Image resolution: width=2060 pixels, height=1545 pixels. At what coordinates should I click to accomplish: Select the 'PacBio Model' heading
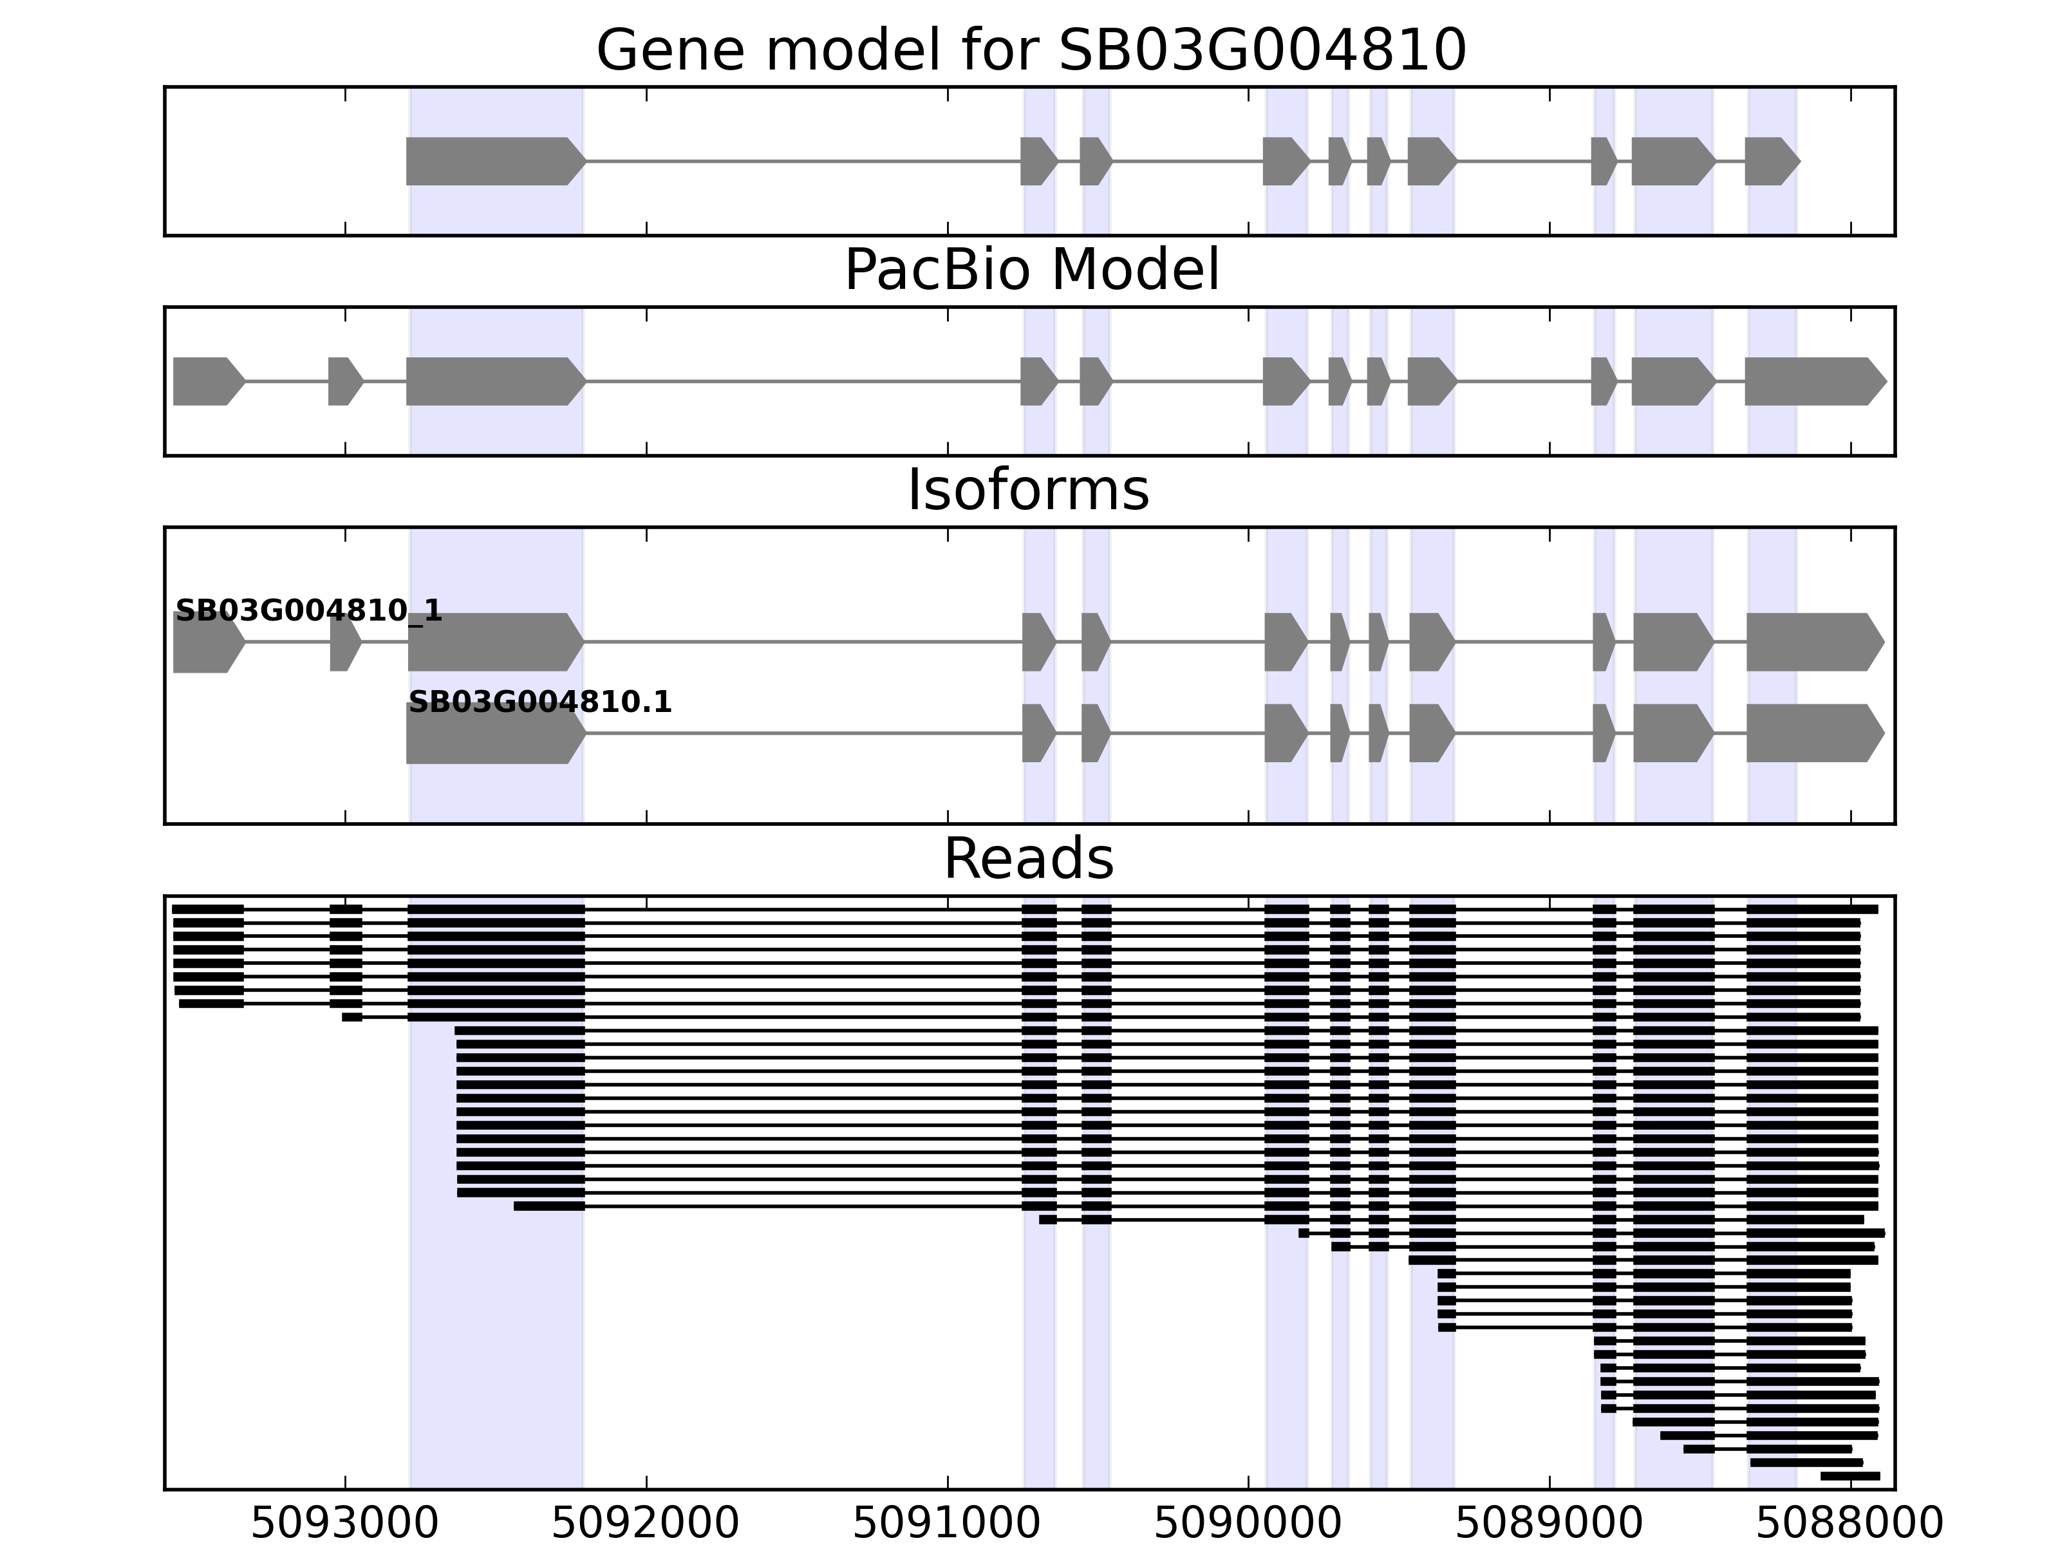[1031, 270]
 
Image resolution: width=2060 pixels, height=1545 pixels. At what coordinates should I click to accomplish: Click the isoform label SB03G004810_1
[308, 611]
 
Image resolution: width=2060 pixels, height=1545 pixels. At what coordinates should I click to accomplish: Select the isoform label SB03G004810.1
[540, 702]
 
